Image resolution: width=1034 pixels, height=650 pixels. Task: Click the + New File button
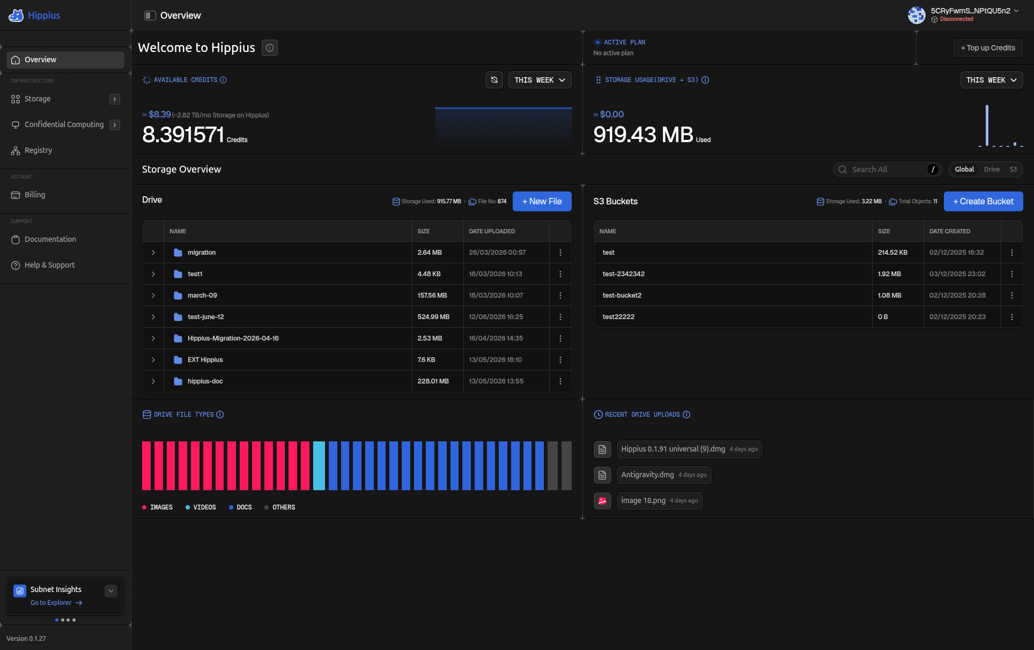coord(542,201)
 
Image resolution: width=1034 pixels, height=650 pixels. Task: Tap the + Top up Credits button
coord(988,48)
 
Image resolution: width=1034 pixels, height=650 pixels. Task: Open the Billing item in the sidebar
coord(35,195)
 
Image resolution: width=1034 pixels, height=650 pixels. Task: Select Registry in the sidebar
coord(38,150)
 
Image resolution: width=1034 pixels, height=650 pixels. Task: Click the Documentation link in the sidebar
coord(50,239)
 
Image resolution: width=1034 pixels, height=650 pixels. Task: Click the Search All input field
coord(887,169)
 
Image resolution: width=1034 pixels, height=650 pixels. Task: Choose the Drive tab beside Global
coord(992,169)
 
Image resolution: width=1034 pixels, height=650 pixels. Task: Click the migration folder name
coord(202,253)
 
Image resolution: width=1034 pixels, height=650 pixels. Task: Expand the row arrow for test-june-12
coord(153,317)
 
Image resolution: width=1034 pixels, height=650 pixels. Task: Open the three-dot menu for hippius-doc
coord(560,381)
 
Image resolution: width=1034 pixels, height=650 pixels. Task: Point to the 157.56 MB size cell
coord(432,296)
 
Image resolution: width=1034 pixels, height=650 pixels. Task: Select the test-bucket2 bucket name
coord(622,296)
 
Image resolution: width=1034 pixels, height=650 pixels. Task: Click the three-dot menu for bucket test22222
coord(1012,317)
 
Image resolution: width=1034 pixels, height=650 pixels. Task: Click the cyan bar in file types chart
coord(319,466)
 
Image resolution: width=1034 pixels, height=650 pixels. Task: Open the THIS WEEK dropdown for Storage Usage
coord(992,80)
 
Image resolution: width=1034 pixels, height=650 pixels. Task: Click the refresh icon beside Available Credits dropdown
coord(494,80)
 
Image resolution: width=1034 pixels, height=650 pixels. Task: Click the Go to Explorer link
coord(56,603)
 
